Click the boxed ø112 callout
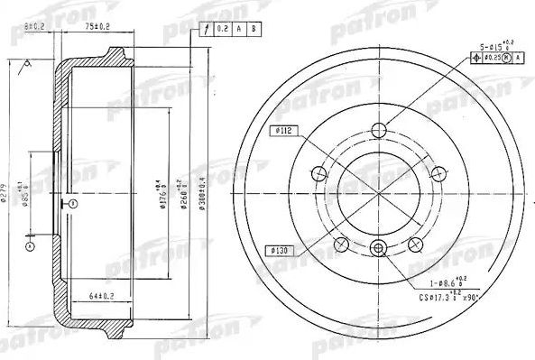[x=281, y=130]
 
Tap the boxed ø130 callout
[x=278, y=248]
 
